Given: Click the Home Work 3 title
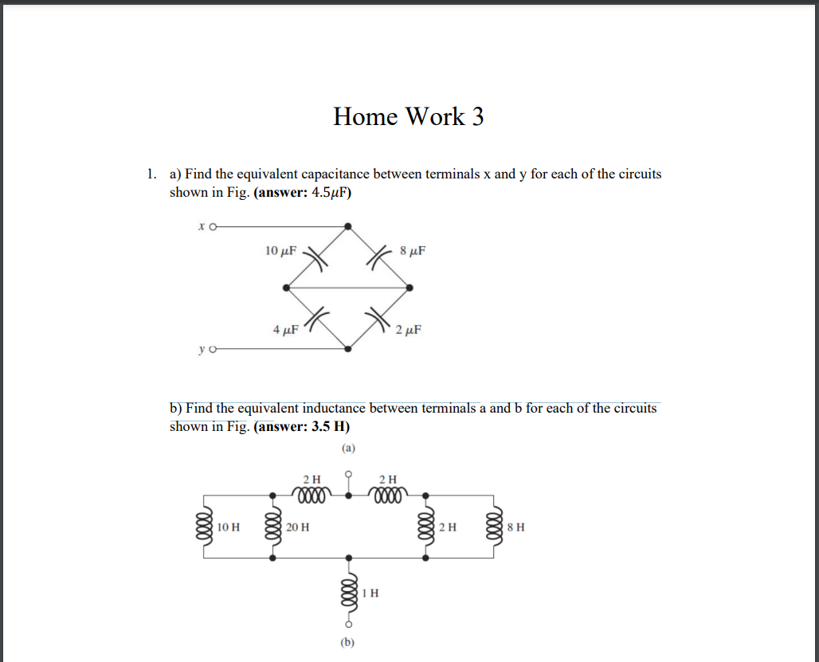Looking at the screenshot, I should point(408,116).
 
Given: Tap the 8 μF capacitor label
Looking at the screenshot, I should point(413,251).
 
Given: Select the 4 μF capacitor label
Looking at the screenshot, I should point(284,329).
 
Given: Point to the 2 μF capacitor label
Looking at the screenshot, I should point(408,329).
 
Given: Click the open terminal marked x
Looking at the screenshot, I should point(214,226).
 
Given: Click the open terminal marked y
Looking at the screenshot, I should point(214,349).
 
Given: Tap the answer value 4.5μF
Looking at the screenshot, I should point(328,193).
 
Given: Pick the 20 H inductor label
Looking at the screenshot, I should point(299,527).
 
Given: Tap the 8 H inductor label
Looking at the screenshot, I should point(516,527).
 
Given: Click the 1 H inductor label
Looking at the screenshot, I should point(370,593).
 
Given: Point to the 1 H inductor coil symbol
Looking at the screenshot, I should point(348,593).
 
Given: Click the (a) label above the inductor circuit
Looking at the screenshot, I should point(348,449).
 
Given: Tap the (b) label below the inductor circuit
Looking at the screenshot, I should point(348,641).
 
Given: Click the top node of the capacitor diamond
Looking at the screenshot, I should point(348,226).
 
